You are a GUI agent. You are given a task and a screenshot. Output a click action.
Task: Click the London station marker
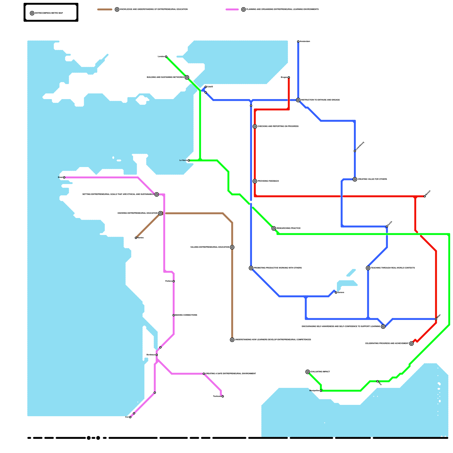point(166,57)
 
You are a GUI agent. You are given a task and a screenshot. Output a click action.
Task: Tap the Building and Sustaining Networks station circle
point(187,77)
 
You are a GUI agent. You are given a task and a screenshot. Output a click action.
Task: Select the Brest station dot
point(64,178)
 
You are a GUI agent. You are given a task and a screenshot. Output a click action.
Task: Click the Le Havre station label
point(183,161)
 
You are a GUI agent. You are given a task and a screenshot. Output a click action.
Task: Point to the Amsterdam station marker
point(298,42)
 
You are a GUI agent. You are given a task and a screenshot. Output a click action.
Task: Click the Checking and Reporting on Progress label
point(278,127)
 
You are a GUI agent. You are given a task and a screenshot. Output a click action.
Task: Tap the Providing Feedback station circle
point(255,181)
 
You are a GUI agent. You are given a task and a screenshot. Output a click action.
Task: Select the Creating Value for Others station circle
point(355,179)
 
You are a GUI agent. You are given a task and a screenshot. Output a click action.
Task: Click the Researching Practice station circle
point(273,228)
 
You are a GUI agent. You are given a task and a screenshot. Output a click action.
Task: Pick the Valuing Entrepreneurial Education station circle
point(232,247)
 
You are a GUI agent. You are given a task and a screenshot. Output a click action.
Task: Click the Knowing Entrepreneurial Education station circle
point(161,213)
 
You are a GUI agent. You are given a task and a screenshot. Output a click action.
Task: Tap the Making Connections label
point(186,315)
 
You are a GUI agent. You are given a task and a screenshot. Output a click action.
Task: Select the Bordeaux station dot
point(157,355)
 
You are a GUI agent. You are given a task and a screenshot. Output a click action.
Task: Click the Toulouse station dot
point(223,396)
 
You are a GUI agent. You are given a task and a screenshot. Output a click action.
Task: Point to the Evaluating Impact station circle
point(308,372)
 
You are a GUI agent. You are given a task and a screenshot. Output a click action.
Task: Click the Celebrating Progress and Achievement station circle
point(411,343)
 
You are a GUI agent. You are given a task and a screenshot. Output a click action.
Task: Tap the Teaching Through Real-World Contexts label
point(393,268)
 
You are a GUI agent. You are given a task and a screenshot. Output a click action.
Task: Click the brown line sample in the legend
point(105,10)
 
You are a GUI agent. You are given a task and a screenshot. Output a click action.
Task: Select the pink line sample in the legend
point(232,10)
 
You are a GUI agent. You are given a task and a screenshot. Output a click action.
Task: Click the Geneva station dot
point(336,292)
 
